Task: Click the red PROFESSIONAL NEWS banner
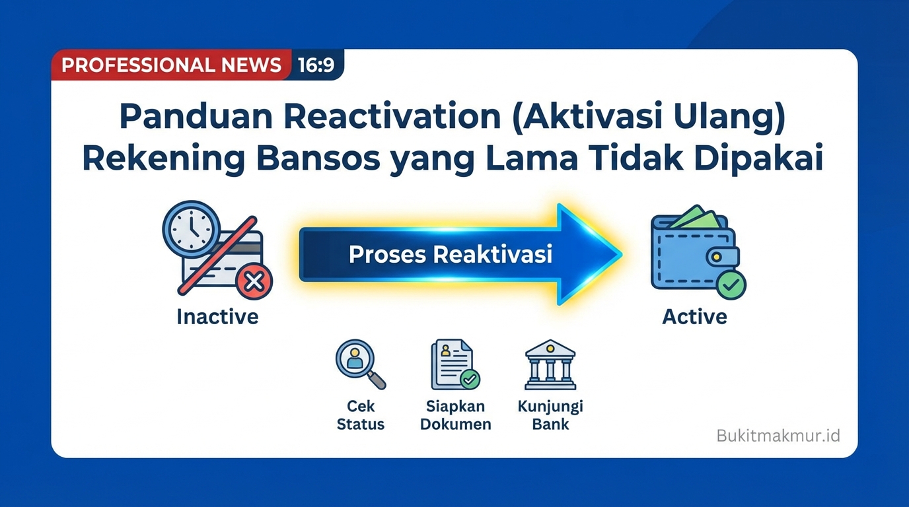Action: (171, 65)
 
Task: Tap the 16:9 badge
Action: (316, 65)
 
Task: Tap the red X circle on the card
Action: (254, 283)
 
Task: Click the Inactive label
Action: (217, 317)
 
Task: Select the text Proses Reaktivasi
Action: (451, 254)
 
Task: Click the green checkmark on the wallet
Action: (731, 285)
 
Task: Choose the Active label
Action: (694, 317)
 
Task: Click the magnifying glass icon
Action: (359, 364)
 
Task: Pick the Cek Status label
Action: (360, 415)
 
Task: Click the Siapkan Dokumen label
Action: (455, 415)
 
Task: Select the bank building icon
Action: (550, 364)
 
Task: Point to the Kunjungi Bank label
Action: (550, 415)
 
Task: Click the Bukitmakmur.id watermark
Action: (778, 436)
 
